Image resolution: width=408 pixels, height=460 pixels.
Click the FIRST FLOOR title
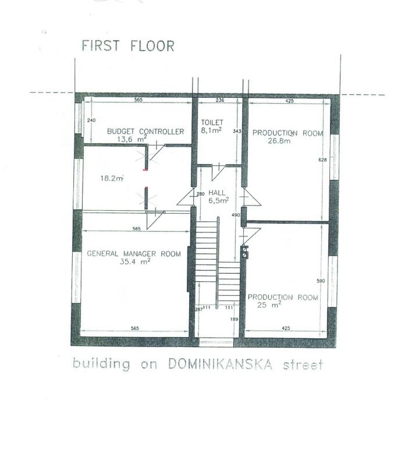[x=128, y=46]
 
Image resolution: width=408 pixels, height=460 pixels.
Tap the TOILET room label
[x=212, y=122]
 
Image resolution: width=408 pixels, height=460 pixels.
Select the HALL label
[x=217, y=193]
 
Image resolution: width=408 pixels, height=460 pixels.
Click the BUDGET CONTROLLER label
[x=146, y=132]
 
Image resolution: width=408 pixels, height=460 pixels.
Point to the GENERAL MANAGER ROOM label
[x=134, y=254]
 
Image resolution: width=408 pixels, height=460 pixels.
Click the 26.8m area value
[x=279, y=141]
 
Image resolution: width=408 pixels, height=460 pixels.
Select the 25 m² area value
[x=269, y=305]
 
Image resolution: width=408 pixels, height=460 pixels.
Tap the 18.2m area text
[x=112, y=178]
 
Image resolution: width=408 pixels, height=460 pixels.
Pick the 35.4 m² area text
[x=135, y=261]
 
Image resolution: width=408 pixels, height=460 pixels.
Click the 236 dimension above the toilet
[x=219, y=100]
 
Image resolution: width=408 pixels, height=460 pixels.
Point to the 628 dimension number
[x=322, y=160]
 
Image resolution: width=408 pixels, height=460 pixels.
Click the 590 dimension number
[x=321, y=281]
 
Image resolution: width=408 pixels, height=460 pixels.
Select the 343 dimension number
[x=237, y=131]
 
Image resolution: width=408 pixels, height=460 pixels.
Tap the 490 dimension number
[x=236, y=215]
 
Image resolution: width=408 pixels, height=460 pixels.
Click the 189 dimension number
[x=235, y=319]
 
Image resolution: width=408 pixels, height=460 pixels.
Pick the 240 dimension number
[x=91, y=120]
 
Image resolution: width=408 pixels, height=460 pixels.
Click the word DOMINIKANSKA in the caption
[x=220, y=365]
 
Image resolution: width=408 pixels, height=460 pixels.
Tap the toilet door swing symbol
[x=218, y=172]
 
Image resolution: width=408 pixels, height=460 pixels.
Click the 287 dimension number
[x=199, y=309]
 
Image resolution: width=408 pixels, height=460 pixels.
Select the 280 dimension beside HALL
[x=200, y=194]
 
